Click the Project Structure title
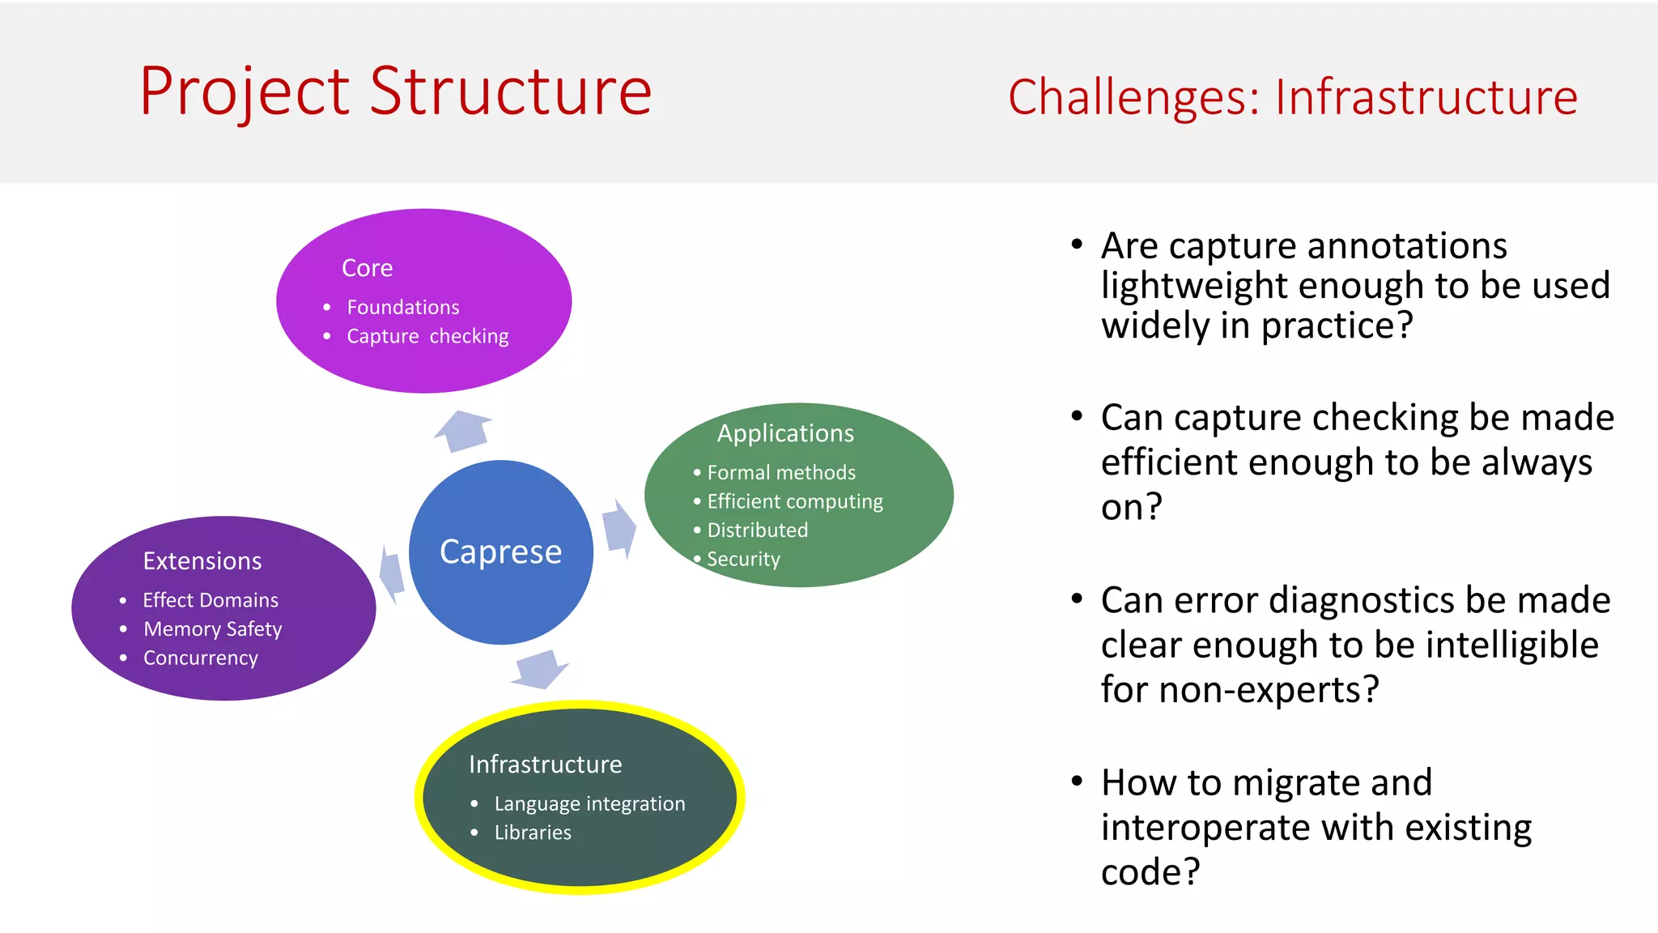point(395,91)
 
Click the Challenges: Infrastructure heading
point(1292,97)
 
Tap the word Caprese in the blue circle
point(500,552)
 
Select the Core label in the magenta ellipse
point(367,268)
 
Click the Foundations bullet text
point(402,307)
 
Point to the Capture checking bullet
point(427,336)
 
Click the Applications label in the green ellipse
point(785,433)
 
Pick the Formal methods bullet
point(780,472)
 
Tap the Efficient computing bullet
point(794,501)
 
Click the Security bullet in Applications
point(742,559)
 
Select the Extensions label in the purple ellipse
point(202,561)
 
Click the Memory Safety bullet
point(212,629)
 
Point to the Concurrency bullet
point(200,658)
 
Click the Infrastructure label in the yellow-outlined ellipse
point(545,765)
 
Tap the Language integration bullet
point(589,803)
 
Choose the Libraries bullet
point(532,833)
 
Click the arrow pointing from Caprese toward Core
point(465,430)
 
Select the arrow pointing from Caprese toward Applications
point(619,529)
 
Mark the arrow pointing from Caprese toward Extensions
point(392,573)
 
